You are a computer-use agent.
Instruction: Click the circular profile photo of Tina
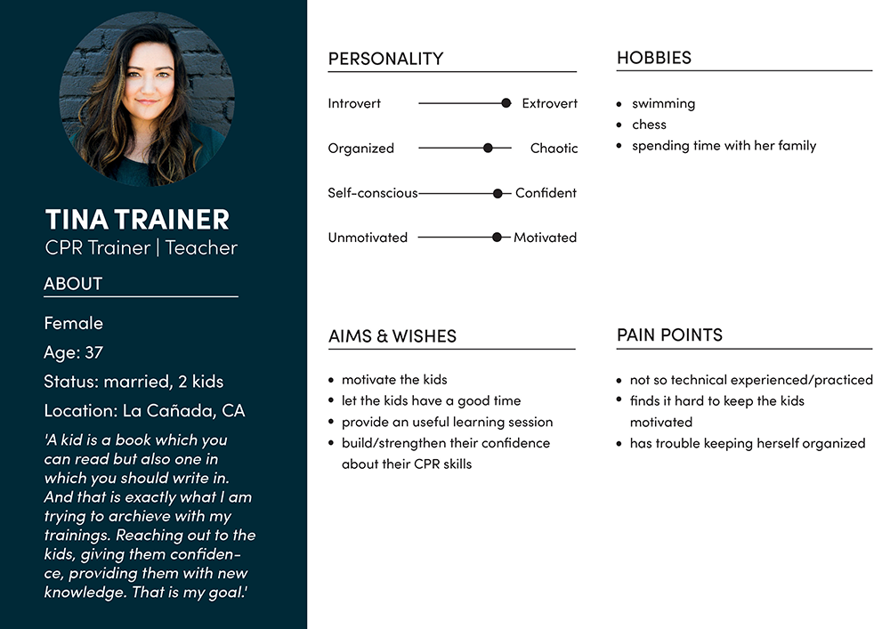point(147,98)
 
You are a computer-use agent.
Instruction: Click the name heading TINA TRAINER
point(137,219)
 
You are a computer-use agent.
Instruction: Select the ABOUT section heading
point(73,284)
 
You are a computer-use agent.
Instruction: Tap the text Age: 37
point(74,352)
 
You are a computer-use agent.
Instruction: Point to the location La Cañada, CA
point(144,411)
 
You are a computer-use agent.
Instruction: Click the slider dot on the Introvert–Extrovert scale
point(506,103)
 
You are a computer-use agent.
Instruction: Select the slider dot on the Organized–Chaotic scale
point(488,148)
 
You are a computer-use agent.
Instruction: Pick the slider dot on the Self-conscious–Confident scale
point(498,193)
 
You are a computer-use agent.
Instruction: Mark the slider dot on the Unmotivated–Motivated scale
point(497,238)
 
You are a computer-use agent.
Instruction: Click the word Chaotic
point(554,149)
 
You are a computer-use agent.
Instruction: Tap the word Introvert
point(354,103)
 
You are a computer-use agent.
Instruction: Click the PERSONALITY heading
point(385,59)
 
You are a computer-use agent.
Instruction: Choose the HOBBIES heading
point(654,58)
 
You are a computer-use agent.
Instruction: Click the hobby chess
point(649,125)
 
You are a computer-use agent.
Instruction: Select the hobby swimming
point(663,103)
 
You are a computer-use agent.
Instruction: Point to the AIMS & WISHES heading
point(392,336)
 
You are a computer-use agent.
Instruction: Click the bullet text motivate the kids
point(394,380)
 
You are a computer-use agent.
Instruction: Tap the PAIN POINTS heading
point(669,335)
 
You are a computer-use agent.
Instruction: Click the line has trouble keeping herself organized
point(747,443)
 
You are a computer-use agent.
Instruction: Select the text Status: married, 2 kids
point(133,382)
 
